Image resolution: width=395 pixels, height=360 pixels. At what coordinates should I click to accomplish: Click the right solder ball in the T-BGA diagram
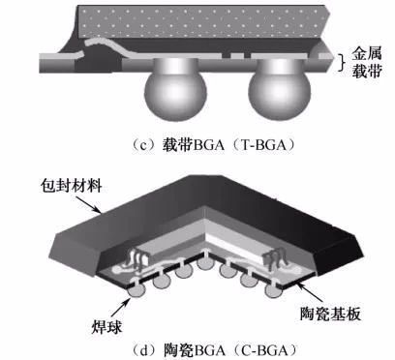[280, 91]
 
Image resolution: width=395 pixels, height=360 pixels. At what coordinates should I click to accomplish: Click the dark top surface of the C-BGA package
[194, 208]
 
